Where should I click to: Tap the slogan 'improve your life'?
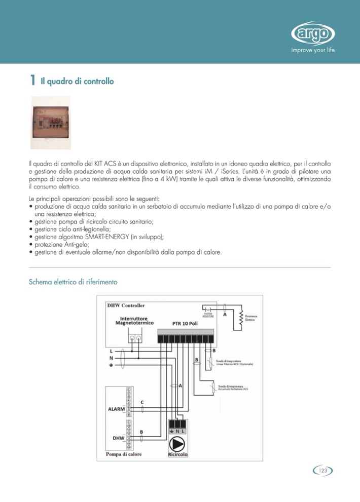coord(313,50)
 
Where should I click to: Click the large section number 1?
coord(32,80)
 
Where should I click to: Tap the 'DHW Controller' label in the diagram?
coord(126,305)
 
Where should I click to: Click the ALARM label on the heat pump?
coord(116,409)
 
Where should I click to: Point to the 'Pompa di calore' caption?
coord(124,454)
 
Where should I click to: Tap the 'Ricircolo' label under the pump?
coord(177,454)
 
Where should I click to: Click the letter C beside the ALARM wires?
coord(142,402)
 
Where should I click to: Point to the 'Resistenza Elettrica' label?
coord(251,318)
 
